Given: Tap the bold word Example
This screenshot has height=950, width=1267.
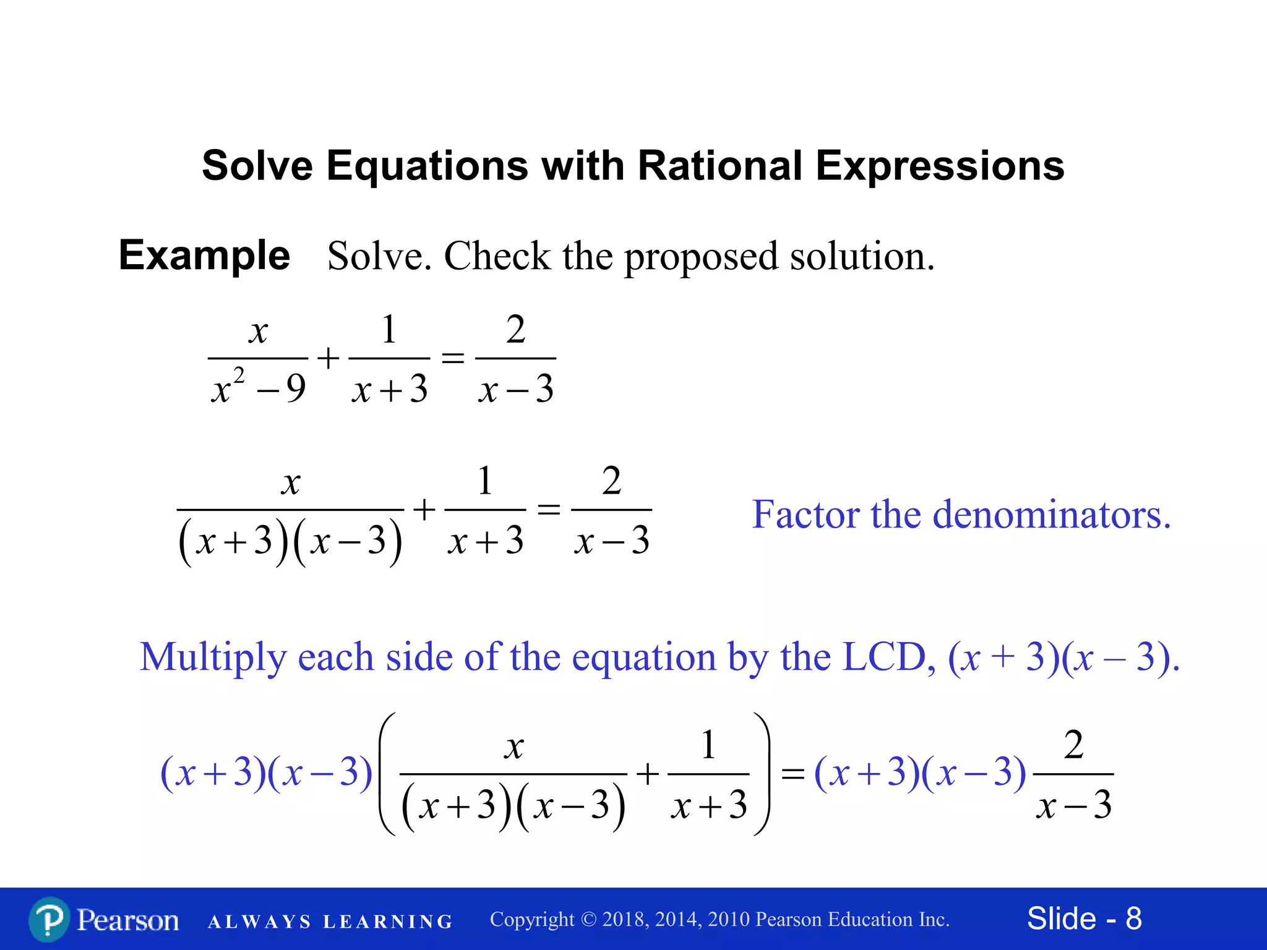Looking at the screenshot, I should tap(204, 255).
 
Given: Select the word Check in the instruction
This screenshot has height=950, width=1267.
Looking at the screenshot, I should tap(497, 255).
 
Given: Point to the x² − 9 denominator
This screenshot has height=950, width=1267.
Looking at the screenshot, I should tap(258, 388).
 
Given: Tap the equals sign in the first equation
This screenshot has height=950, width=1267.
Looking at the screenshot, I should tap(452, 358).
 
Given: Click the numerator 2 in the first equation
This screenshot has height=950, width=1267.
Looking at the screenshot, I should tap(515, 329).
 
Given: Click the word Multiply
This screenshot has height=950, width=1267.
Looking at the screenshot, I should tap(213, 657).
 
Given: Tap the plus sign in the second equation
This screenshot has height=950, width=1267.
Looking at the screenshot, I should tap(424, 510).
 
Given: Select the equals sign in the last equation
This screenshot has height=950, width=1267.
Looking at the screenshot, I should tap(792, 774).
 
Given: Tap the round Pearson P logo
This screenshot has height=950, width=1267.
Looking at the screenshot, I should tap(49, 920).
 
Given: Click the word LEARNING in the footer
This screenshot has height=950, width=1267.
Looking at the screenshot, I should tap(388, 922).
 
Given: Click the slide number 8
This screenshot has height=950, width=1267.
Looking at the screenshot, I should tap(1133, 918).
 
